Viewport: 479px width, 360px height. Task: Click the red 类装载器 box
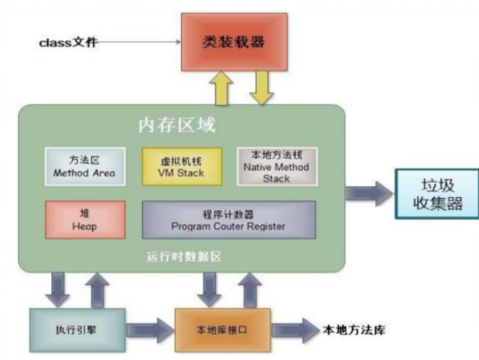[x=234, y=42]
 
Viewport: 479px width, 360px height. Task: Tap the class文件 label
[x=68, y=42]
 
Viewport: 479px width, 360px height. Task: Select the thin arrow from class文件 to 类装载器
[x=139, y=42]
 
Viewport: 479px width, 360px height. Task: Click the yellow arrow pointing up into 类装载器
[x=221, y=88]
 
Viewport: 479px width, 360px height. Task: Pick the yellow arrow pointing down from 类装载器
[x=262, y=88]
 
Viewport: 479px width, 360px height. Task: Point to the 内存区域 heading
[x=177, y=125]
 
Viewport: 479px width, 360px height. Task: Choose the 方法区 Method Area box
[x=85, y=166]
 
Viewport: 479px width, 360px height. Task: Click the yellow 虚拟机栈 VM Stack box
[x=182, y=166]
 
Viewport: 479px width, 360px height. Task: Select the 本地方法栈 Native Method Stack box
[x=277, y=166]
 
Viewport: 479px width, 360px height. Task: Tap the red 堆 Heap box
[x=85, y=220]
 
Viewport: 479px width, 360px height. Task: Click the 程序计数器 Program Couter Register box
[x=229, y=220]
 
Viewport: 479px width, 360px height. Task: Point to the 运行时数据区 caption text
[x=184, y=257]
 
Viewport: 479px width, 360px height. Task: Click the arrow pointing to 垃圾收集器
[x=369, y=193]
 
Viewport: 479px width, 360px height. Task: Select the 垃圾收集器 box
[x=437, y=194]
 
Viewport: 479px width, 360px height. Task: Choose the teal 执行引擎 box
[x=78, y=330]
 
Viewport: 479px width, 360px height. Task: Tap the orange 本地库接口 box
[x=222, y=330]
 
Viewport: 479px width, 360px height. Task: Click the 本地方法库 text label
[x=354, y=330]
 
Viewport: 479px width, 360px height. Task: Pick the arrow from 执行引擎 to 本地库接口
[x=150, y=330]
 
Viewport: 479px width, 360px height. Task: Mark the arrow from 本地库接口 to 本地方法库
[x=295, y=330]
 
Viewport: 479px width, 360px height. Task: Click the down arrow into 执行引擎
[x=58, y=289]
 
